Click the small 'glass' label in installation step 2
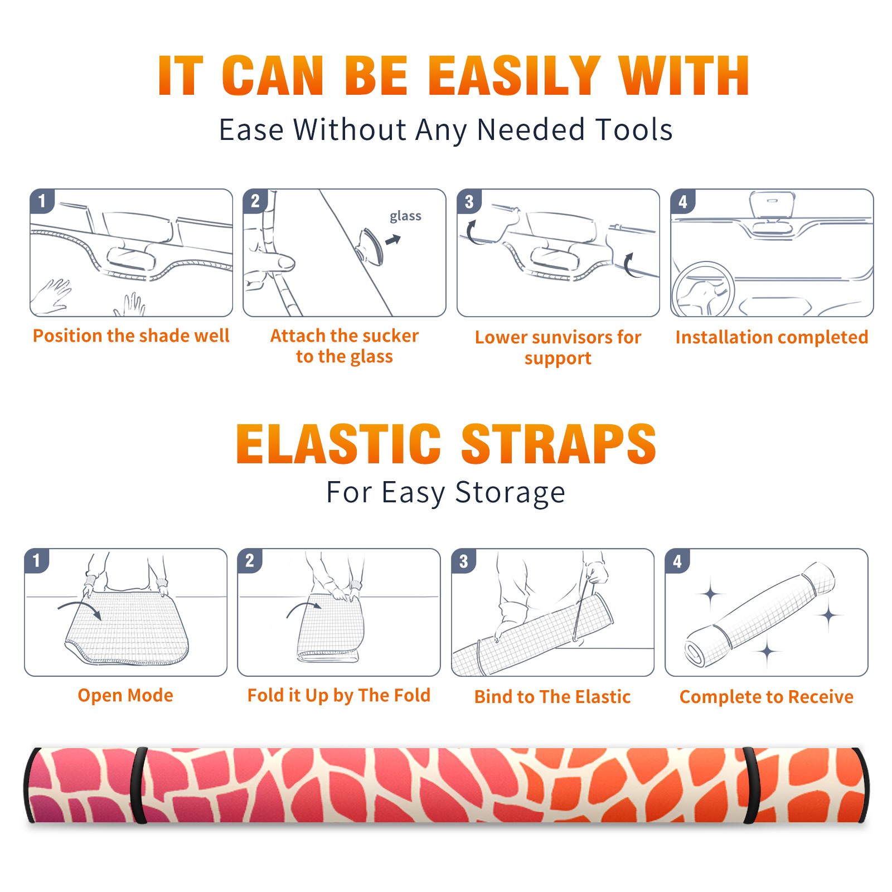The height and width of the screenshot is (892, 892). coord(405,216)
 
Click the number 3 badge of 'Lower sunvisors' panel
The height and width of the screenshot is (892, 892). coord(468,201)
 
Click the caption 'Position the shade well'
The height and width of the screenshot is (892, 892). coord(131,336)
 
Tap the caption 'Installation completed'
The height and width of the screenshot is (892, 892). coord(772,337)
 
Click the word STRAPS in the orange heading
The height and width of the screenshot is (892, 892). coord(559,444)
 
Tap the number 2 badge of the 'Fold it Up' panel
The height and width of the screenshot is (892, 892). coord(249,561)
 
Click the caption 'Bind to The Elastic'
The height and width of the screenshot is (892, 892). coord(552,697)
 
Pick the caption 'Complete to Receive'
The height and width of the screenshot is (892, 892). coord(767,697)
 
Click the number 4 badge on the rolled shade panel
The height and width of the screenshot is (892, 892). coord(677,561)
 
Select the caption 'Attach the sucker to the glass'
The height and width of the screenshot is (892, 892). coord(345,346)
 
